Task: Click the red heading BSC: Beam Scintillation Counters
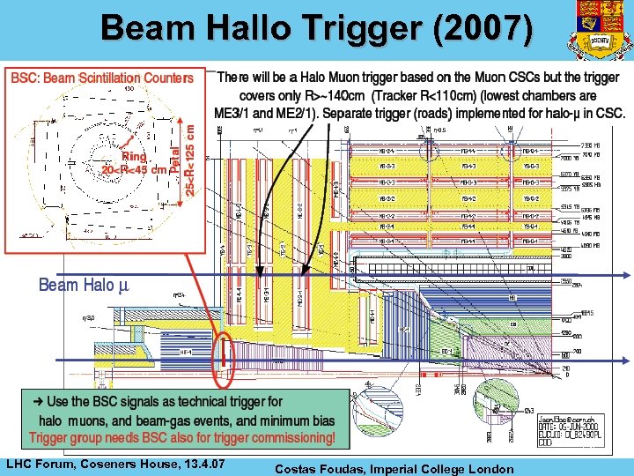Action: click(x=102, y=78)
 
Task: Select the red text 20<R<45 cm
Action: click(x=134, y=170)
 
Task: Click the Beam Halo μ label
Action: click(x=83, y=285)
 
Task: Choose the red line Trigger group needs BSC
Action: click(x=181, y=437)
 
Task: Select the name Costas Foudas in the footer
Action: click(x=317, y=469)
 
